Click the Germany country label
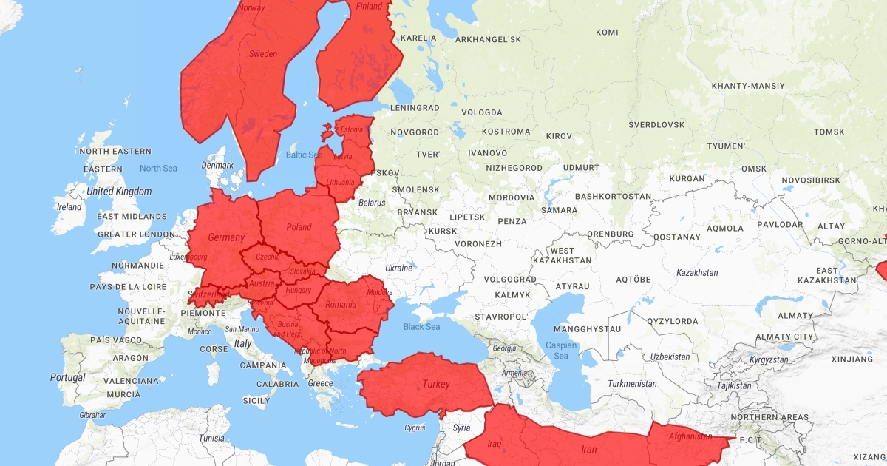(x=226, y=237)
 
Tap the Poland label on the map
(x=299, y=227)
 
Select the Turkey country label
(x=435, y=384)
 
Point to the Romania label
(x=341, y=304)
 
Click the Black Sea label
(x=421, y=326)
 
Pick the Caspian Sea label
(x=561, y=350)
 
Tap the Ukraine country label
(x=398, y=268)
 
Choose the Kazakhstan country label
(x=697, y=272)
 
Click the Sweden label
(x=263, y=53)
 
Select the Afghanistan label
(x=690, y=436)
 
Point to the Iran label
(x=588, y=449)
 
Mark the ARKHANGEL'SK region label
(x=489, y=39)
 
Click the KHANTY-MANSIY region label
(x=747, y=86)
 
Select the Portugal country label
(x=67, y=377)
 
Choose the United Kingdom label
(x=119, y=192)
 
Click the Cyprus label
(x=415, y=428)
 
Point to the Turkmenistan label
(x=632, y=384)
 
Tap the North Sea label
(x=158, y=169)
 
